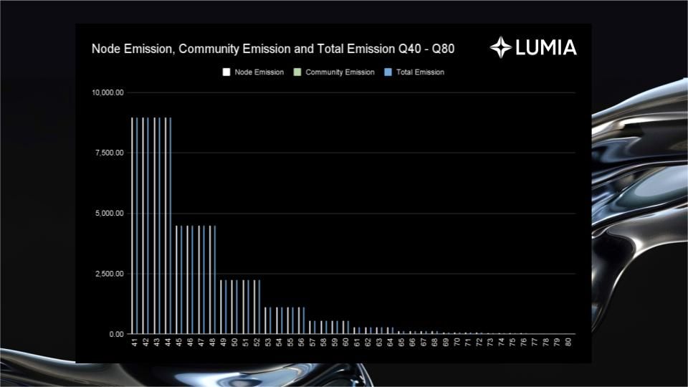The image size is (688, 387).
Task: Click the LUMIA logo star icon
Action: point(500,47)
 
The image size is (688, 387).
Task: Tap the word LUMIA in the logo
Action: point(545,48)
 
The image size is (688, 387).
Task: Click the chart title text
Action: point(272,49)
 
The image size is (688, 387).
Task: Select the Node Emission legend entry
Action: point(254,72)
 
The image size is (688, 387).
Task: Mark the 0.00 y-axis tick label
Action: point(115,334)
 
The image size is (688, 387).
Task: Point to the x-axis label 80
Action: point(568,343)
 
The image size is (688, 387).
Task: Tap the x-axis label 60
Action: point(346,343)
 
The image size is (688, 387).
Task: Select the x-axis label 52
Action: point(257,343)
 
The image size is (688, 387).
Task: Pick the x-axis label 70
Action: point(457,343)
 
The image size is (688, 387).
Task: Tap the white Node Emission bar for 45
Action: point(176,279)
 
